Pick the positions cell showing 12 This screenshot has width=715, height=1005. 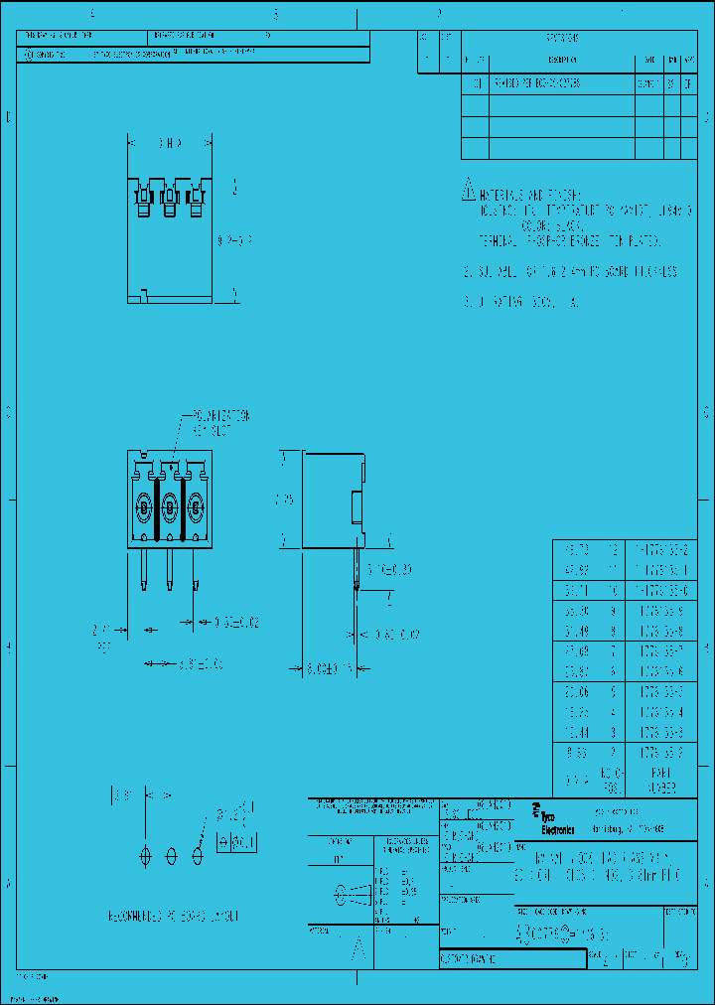pyautogui.click(x=613, y=549)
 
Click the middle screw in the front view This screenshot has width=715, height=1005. pyautogui.click(x=170, y=508)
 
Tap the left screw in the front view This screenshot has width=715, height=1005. pyautogui.click(x=144, y=508)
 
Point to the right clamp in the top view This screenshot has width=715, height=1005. pyautogui.click(x=196, y=200)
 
